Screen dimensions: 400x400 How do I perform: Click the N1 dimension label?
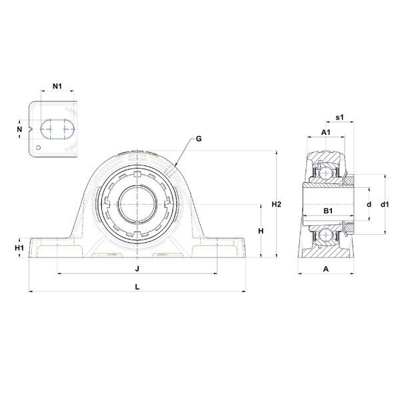pyautogui.click(x=57, y=86)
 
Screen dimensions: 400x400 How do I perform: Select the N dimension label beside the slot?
pyautogui.click(x=19, y=129)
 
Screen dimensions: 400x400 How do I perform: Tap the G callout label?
pyautogui.click(x=199, y=139)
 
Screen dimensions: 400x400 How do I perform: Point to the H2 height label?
pyautogui.click(x=276, y=204)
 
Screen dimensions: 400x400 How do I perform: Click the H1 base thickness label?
pyautogui.click(x=19, y=248)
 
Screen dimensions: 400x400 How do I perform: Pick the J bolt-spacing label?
pyautogui.click(x=137, y=269)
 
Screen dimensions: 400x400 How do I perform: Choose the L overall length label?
pyautogui.click(x=137, y=287)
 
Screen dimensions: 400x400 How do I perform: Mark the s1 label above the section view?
pyautogui.click(x=339, y=117)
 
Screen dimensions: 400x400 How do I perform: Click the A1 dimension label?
pyautogui.click(x=325, y=132)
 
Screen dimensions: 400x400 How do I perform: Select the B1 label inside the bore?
pyautogui.click(x=328, y=211)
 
